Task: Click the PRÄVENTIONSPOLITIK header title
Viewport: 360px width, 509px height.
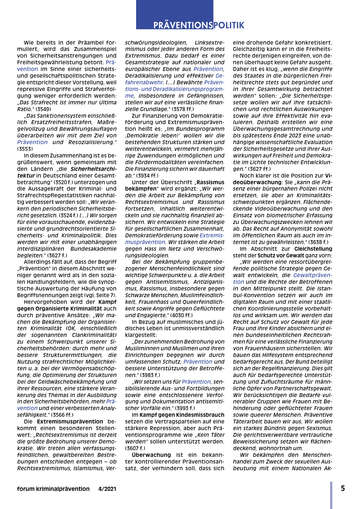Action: tap(199, 25)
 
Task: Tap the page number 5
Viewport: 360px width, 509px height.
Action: tap(343, 488)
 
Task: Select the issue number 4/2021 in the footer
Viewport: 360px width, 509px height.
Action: tap(107, 489)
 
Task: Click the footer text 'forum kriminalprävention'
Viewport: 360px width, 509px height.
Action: tap(53, 489)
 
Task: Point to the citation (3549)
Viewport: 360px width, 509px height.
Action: tap(43, 109)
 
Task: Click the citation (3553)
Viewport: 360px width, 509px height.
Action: tap(25, 149)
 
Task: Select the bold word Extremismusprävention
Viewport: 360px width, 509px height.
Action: tap(70, 422)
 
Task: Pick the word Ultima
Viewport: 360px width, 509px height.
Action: tap(107, 102)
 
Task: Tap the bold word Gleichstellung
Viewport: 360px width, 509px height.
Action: tap(313, 249)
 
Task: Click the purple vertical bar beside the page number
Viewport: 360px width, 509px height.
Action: tap(331, 495)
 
